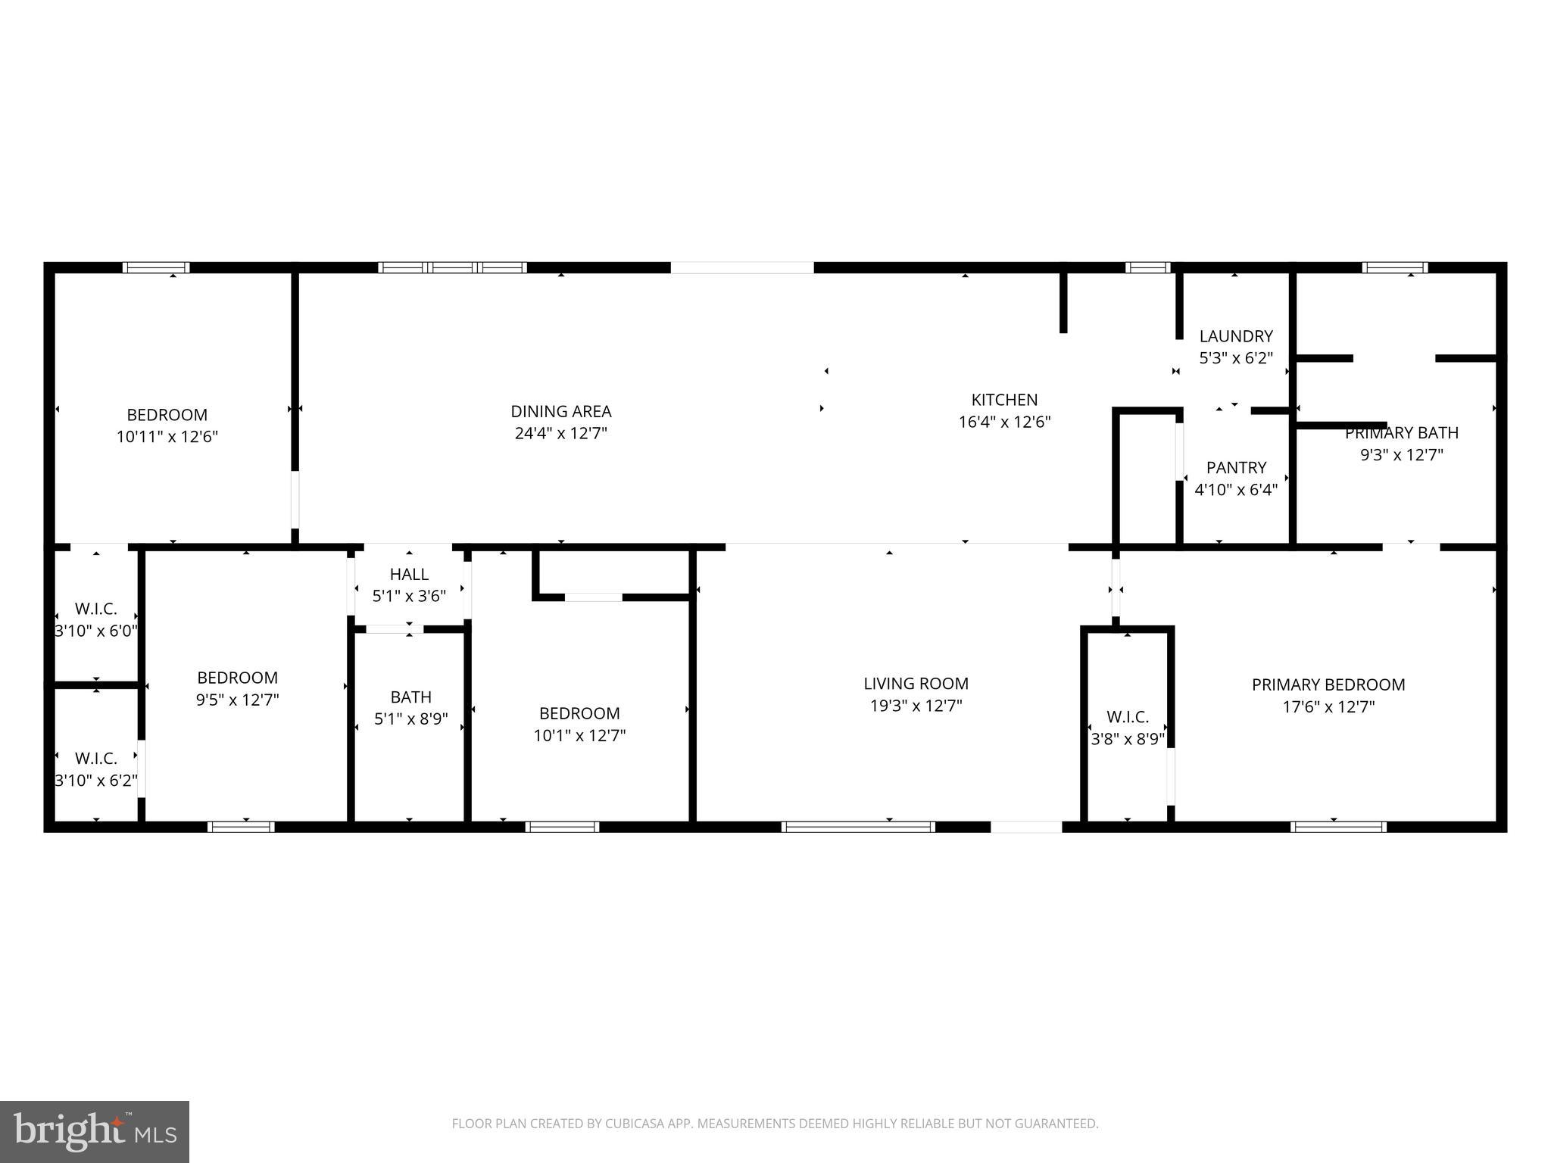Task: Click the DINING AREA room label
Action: click(x=560, y=411)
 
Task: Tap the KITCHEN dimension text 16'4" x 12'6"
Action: click(x=1004, y=422)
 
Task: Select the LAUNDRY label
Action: click(x=1235, y=336)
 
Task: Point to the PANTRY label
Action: click(x=1236, y=467)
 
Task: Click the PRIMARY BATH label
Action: click(x=1401, y=433)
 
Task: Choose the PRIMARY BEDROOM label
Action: click(x=1328, y=684)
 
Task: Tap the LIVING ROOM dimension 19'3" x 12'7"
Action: click(x=916, y=706)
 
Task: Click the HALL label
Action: click(x=409, y=574)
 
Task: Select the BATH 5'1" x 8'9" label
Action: click(x=410, y=707)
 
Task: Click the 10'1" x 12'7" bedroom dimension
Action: click(x=579, y=735)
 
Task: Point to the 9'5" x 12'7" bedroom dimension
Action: click(x=237, y=700)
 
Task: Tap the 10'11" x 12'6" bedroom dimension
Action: click(x=167, y=437)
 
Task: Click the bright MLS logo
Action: click(x=94, y=1131)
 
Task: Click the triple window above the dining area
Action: click(x=452, y=267)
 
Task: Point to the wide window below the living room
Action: click(x=858, y=827)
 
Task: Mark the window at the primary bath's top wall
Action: click(x=1394, y=267)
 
